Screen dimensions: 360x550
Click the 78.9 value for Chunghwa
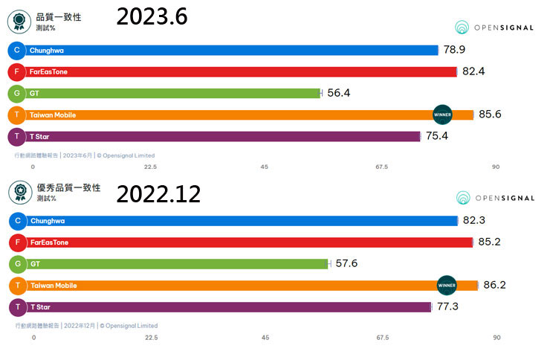[455, 50]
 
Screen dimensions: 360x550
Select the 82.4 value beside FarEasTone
[473, 71]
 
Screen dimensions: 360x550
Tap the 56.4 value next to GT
[339, 93]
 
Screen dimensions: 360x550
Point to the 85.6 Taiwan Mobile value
[492, 115]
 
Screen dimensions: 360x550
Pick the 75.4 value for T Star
[438, 136]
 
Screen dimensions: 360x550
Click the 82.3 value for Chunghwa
[474, 221]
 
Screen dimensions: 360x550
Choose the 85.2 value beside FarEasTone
[491, 242]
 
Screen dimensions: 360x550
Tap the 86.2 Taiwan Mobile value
[496, 284]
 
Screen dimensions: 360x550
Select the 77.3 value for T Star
[448, 306]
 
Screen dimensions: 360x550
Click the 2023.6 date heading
[152, 17]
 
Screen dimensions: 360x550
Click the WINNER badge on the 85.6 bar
[443, 115]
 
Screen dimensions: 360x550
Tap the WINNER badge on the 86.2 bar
[447, 285]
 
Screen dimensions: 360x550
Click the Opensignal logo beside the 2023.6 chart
[494, 28]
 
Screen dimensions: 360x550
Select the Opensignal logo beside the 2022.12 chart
[494, 198]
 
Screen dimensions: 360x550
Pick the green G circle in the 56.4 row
[16, 94]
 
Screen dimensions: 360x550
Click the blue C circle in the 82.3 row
[16, 221]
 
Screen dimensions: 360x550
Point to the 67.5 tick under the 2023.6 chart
[381, 167]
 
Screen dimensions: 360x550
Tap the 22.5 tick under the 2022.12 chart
[151, 338]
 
